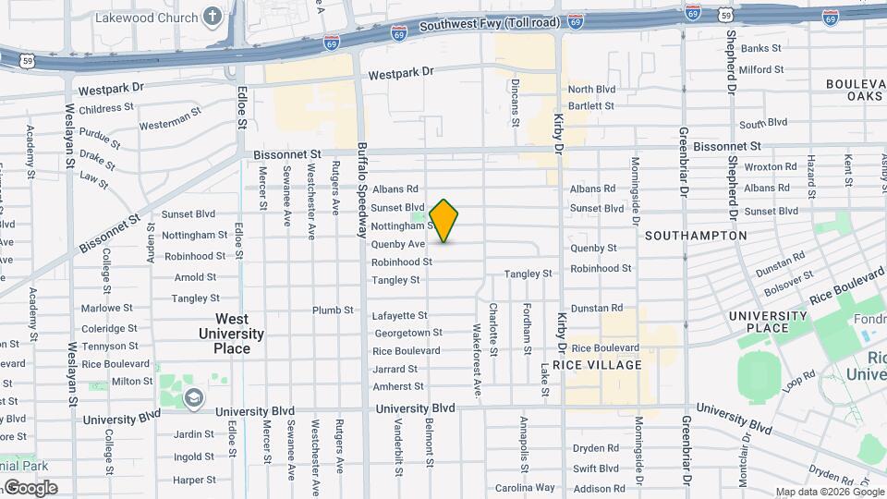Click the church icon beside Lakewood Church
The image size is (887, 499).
213,17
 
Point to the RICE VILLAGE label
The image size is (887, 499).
606,365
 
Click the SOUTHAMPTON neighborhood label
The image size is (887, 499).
696,236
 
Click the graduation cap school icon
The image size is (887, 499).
193,398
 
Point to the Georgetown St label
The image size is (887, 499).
407,333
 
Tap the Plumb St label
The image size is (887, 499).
333,310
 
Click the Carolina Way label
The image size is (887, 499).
525,488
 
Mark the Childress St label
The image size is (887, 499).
107,109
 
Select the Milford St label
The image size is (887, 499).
761,68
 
